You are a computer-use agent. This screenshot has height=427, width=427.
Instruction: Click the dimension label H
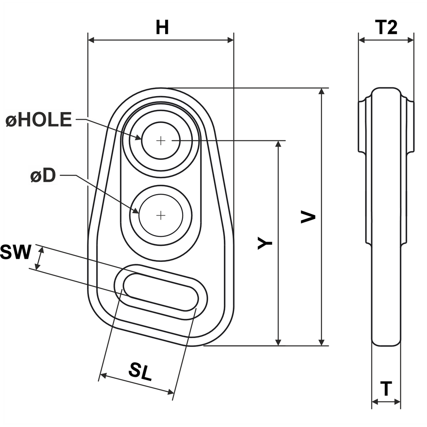(162, 27)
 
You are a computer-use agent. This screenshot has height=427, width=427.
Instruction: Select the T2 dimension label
(386, 27)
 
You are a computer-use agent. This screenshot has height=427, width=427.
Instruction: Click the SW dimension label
(15, 252)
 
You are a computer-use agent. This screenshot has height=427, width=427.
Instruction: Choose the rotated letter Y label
(265, 243)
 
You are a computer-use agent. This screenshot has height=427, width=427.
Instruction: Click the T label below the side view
(386, 389)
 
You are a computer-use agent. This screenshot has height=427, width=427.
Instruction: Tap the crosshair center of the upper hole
(161, 141)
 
